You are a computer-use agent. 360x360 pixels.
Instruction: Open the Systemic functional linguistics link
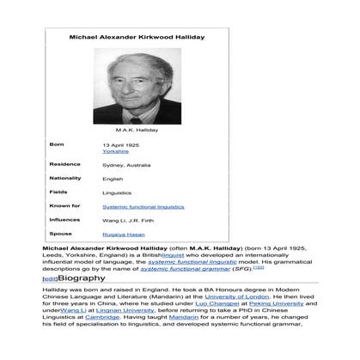[142, 206]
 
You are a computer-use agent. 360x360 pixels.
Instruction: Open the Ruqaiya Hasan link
[122, 234]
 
